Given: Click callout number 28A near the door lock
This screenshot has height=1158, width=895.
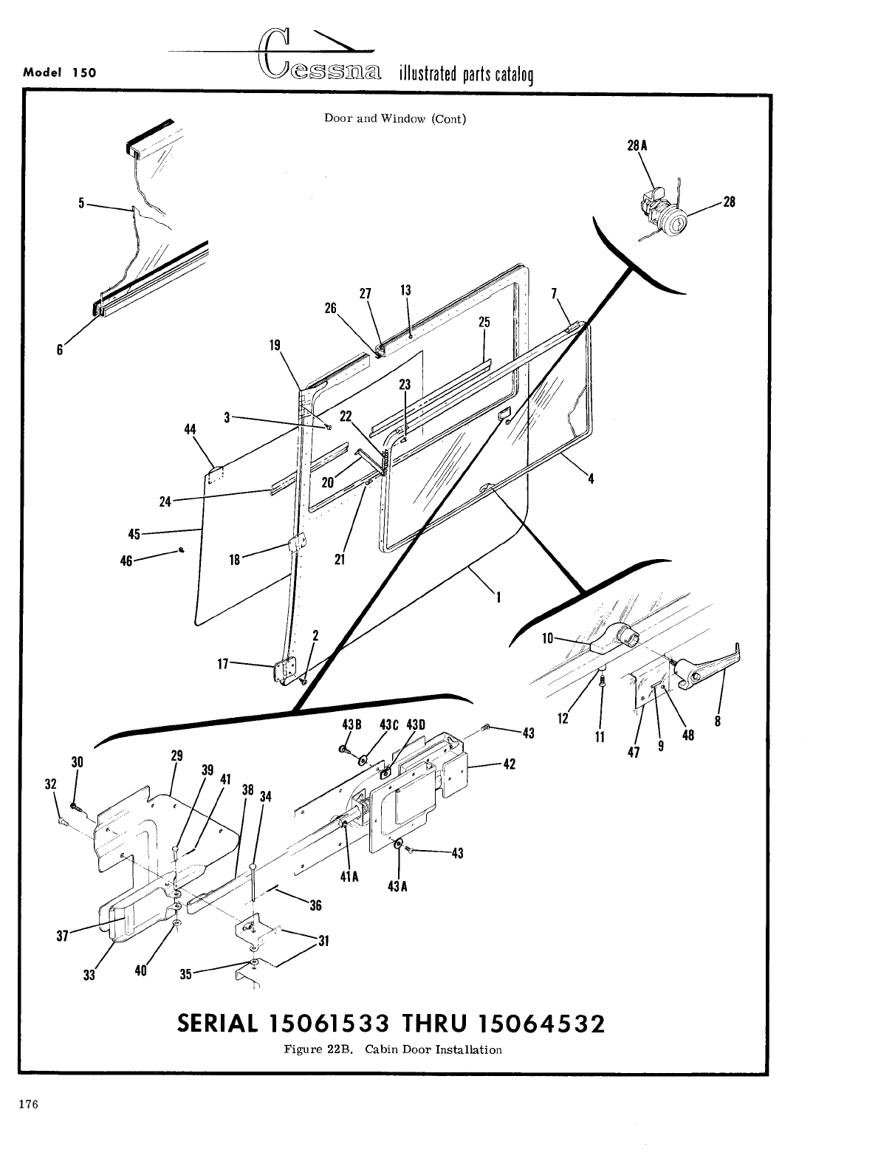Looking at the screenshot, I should click(x=637, y=146).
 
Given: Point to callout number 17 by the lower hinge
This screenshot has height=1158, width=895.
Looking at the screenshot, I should click(x=222, y=663).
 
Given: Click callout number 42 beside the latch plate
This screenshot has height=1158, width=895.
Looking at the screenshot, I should click(x=509, y=764).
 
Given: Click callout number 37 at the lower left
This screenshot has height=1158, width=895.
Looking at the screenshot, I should click(x=62, y=936).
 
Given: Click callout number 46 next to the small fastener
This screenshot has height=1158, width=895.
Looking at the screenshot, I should click(x=126, y=561).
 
